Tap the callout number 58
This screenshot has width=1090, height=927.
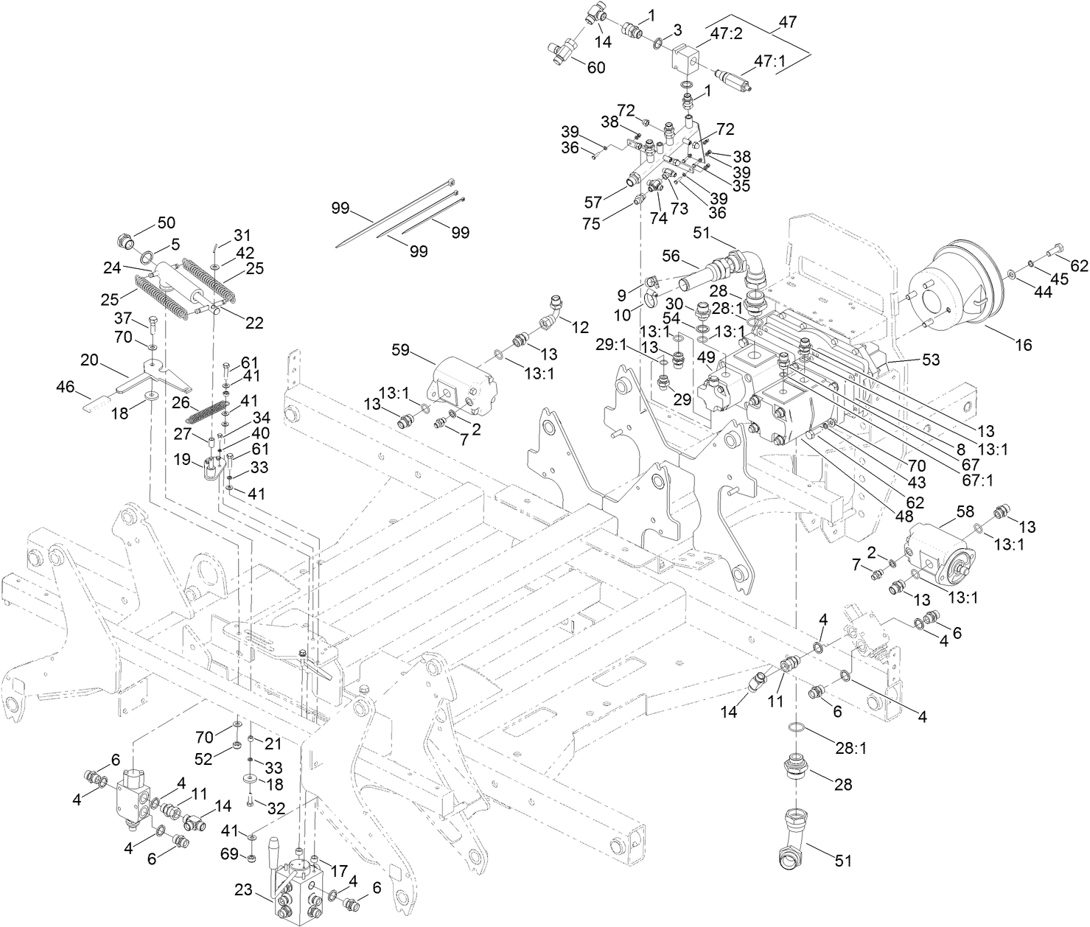point(965,511)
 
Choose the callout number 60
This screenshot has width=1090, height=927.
point(595,67)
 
